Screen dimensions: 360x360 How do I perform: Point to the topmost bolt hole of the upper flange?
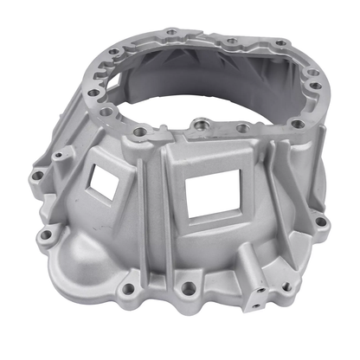point(171,32)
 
